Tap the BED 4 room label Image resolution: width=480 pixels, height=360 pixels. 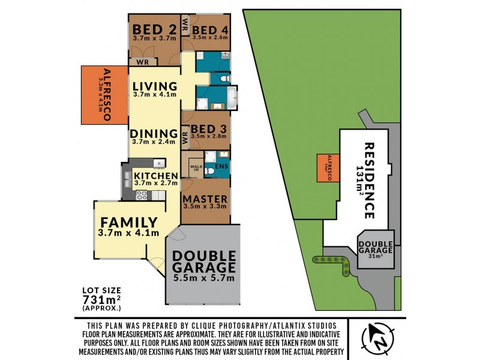coord(209,30)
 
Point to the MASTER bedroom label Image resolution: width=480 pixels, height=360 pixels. coord(205,199)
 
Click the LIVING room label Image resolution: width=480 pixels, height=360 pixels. coord(155,86)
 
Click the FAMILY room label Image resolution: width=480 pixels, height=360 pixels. coord(128,223)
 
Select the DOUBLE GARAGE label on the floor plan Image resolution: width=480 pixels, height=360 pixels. coord(203,260)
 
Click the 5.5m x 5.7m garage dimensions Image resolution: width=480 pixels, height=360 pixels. coord(203,277)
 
